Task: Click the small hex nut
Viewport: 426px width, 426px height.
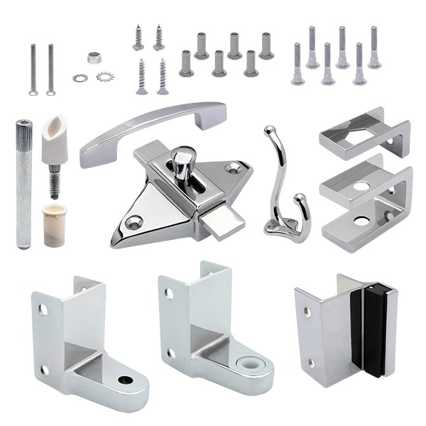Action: pos(94,58)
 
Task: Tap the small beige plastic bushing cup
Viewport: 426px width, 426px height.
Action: pos(54,225)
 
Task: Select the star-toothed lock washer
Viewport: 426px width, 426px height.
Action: pos(106,77)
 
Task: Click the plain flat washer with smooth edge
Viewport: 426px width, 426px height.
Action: pos(80,77)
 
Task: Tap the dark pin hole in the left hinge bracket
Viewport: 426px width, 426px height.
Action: pos(126,380)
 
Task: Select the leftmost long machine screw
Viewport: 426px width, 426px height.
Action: pos(33,70)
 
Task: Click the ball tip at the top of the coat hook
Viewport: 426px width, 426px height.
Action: pos(269,131)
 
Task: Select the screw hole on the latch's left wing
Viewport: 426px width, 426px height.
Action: pos(133,221)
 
